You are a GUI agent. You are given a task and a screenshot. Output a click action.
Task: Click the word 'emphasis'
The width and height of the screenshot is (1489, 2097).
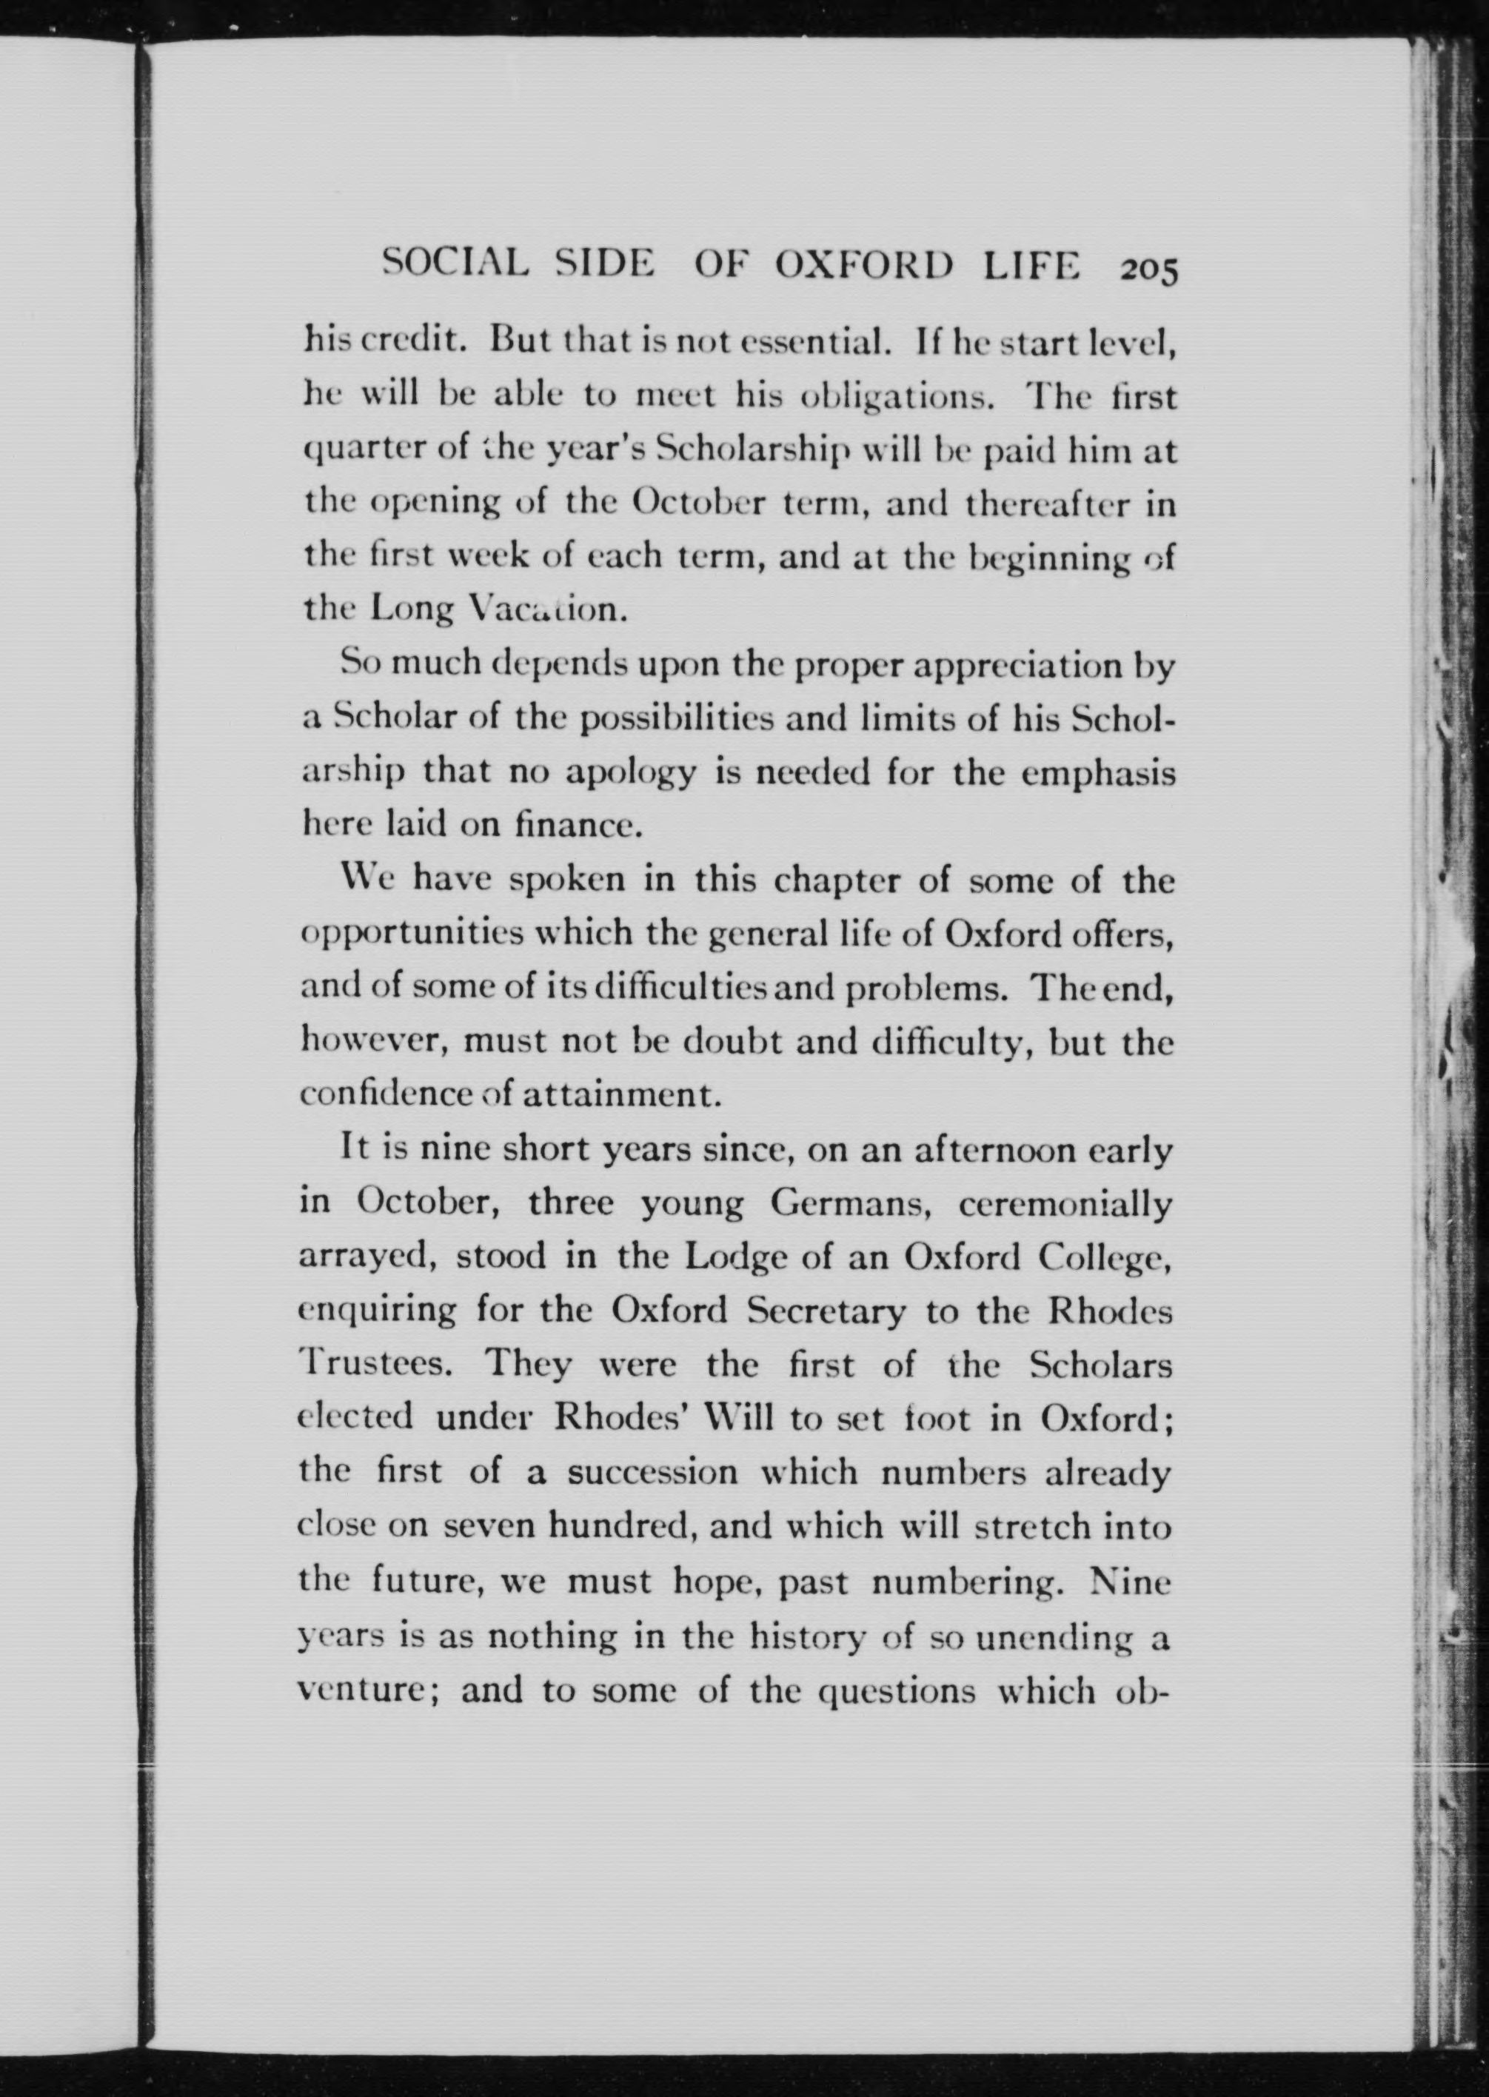pos(1097,773)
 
